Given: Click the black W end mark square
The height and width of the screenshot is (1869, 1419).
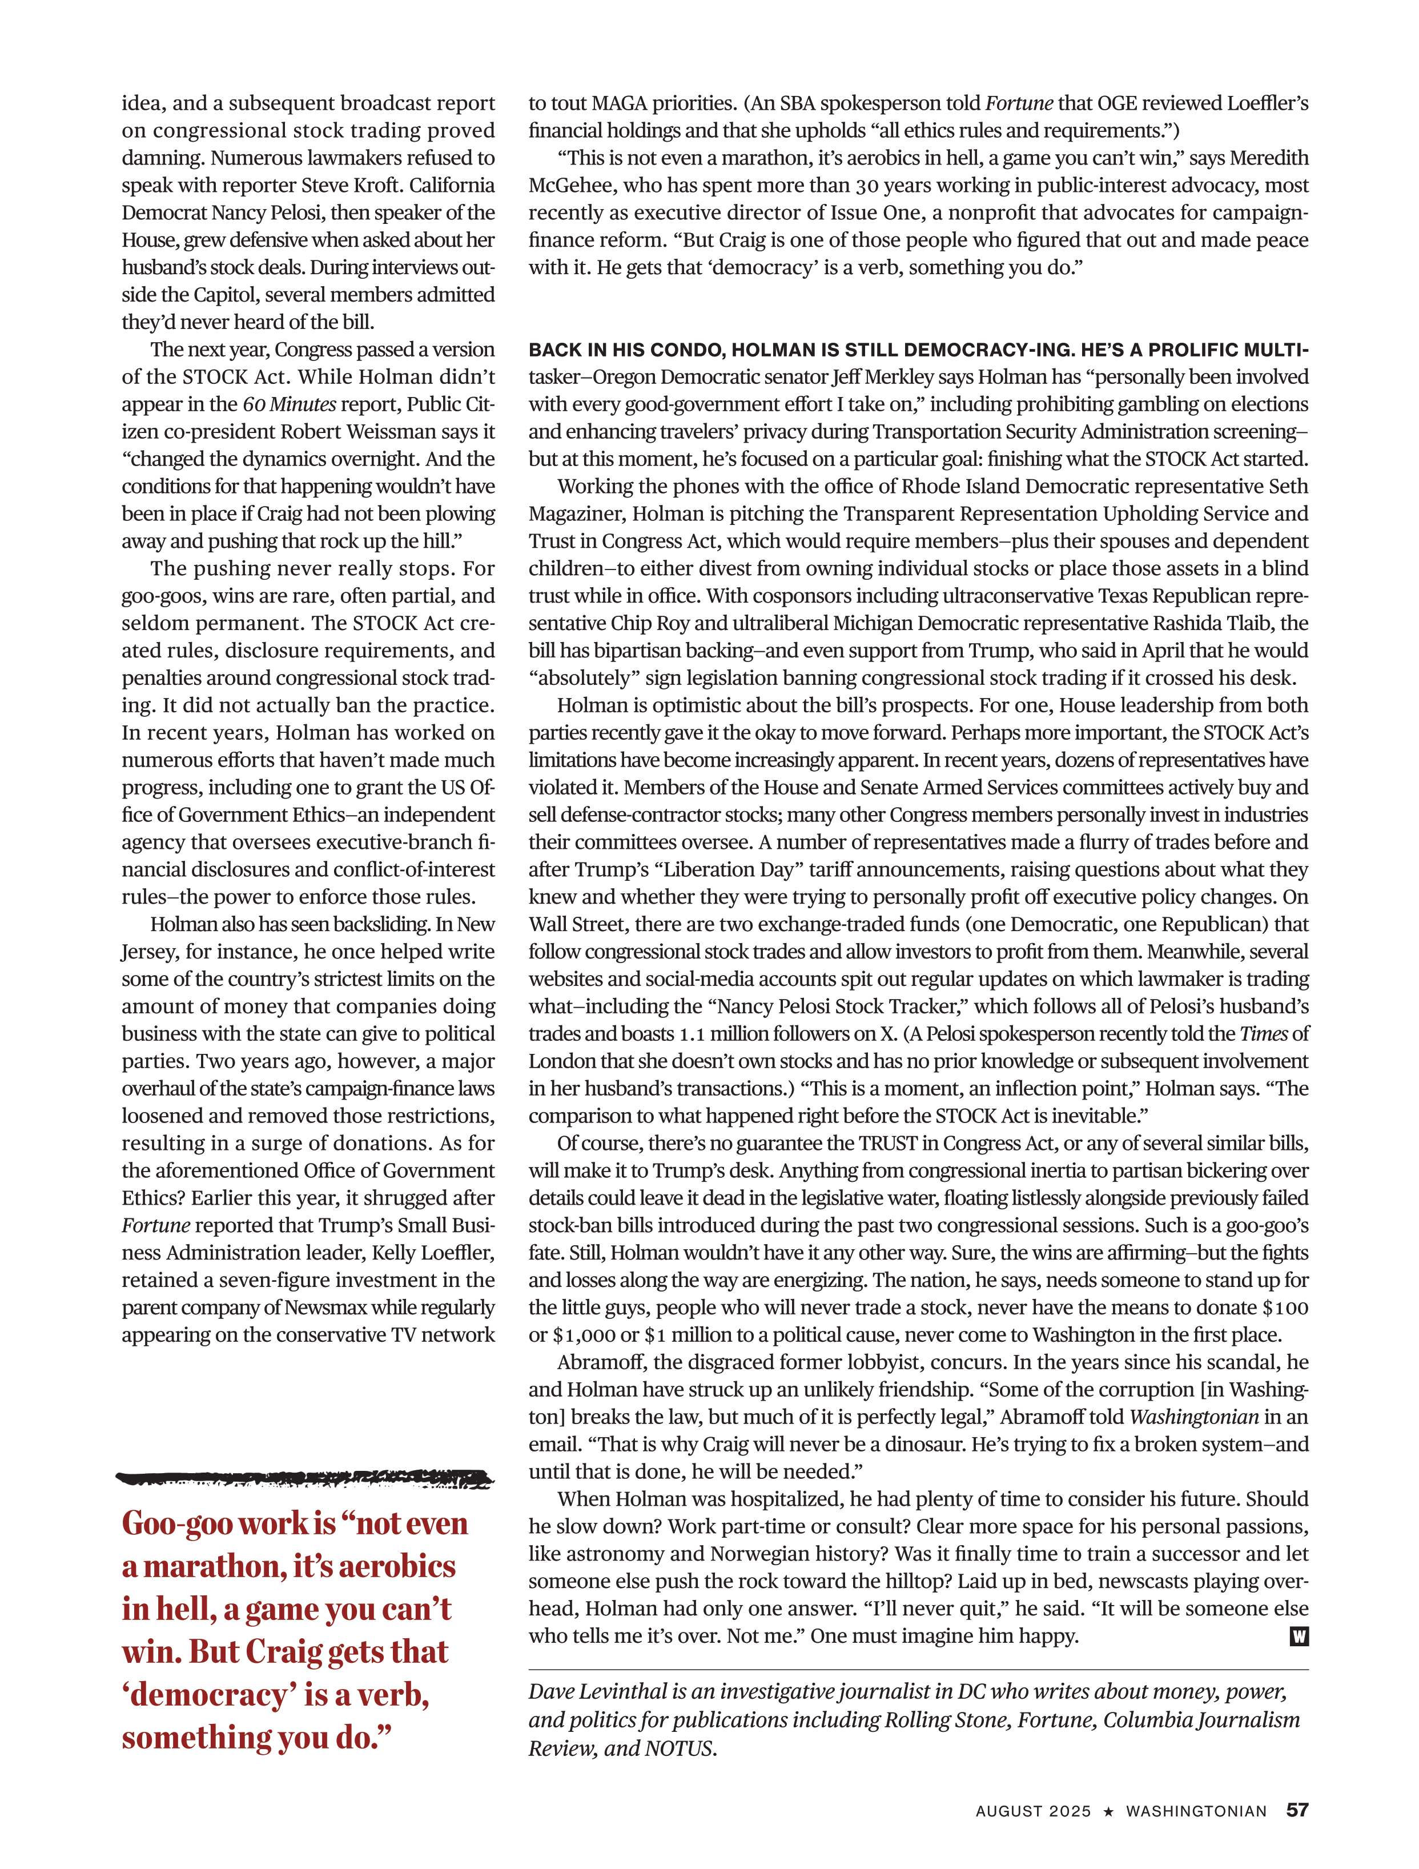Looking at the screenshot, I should (x=1299, y=1637).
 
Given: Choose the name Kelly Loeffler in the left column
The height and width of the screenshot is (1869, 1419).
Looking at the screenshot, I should (x=433, y=1252).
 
